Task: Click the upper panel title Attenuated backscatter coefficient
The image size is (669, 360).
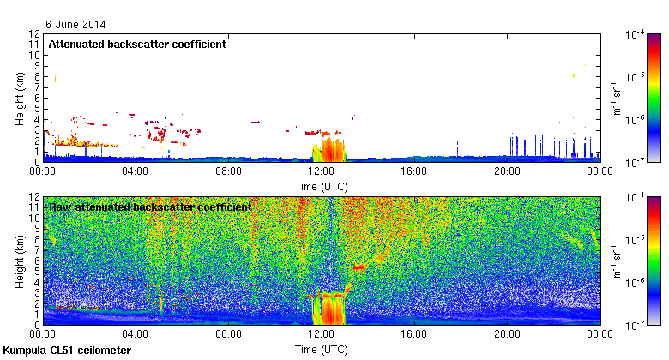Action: pyautogui.click(x=137, y=44)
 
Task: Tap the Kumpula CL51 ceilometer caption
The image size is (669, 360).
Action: pyautogui.click(x=67, y=351)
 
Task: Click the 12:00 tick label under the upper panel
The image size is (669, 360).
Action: pyautogui.click(x=321, y=171)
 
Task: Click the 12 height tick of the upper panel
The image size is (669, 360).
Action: pyautogui.click(x=34, y=34)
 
